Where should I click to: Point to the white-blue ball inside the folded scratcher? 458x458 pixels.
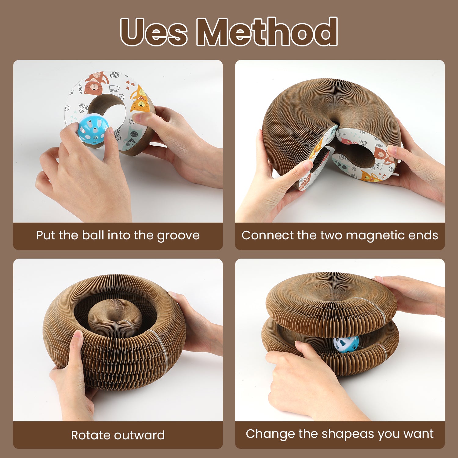tap(346, 344)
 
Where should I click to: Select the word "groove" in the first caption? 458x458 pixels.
tap(178, 236)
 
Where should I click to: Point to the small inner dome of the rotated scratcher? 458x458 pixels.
tap(115, 318)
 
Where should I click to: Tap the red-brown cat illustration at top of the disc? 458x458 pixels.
tap(96, 82)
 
